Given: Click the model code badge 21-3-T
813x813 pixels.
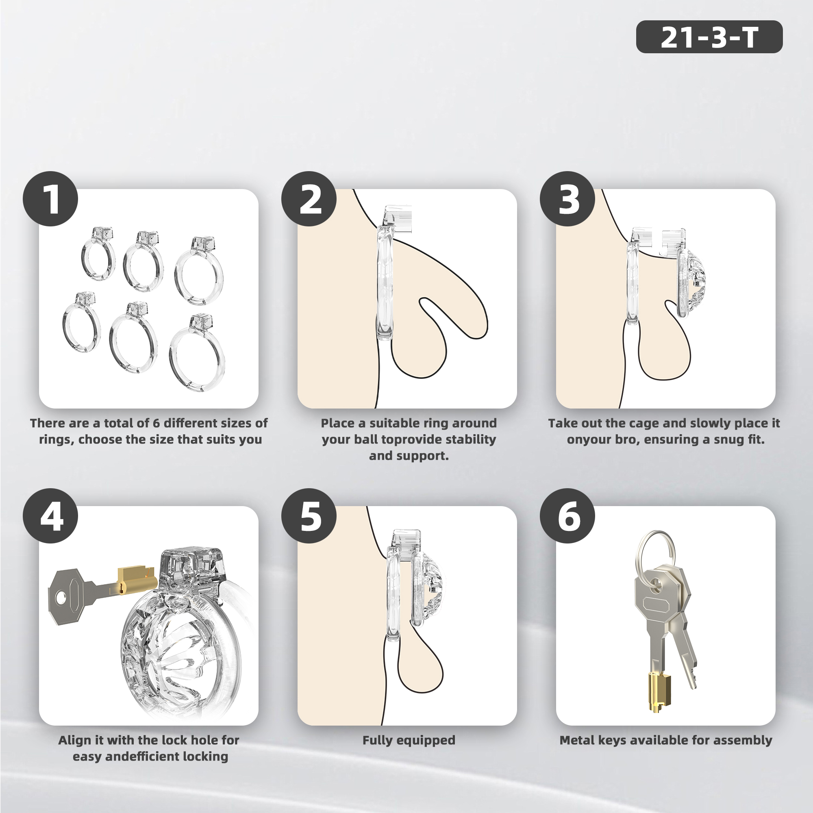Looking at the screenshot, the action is (x=709, y=37).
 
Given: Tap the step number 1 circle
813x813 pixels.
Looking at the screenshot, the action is (x=50, y=199).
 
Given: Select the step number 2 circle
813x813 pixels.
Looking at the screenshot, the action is (x=309, y=199).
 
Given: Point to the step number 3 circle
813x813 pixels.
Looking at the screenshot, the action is (x=567, y=199).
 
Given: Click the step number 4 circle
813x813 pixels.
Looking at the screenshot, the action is (x=50, y=515).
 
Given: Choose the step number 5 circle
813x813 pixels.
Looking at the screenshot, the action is (x=309, y=515).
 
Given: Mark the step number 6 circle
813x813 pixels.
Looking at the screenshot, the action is (x=567, y=515).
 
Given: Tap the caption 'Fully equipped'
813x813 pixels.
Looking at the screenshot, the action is (x=409, y=740).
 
